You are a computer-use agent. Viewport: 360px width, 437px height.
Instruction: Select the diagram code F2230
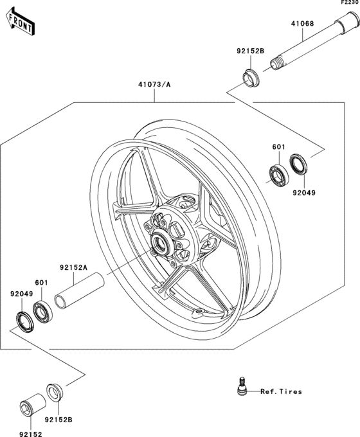pyautogui.click(x=348, y=3)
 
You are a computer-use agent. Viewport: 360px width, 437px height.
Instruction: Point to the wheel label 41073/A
pyautogui.click(x=154, y=84)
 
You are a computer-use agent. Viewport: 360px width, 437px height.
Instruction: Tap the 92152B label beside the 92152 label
pyautogui.click(x=59, y=420)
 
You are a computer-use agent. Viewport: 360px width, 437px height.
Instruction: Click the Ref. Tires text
pyautogui.click(x=282, y=391)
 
